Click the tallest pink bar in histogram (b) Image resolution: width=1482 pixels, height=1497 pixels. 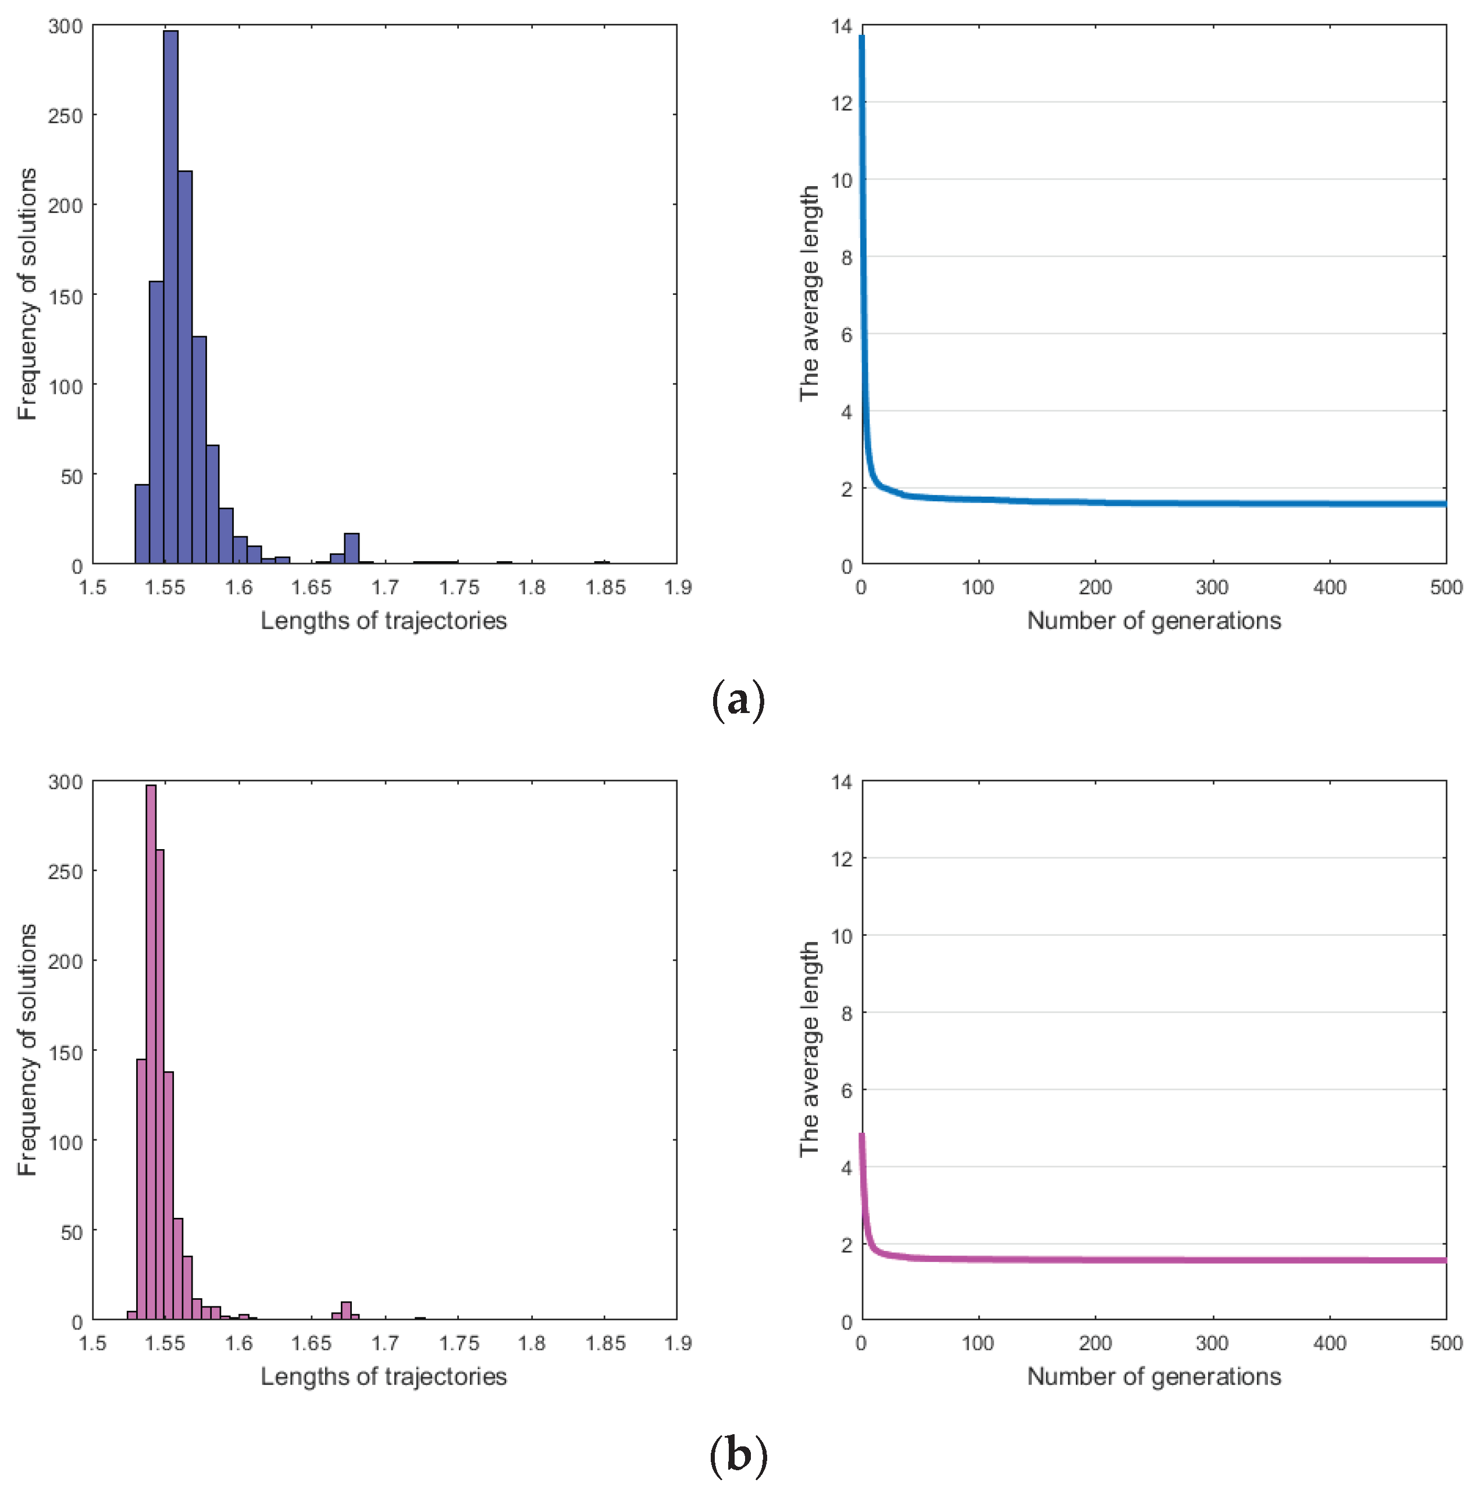(x=151, y=1054)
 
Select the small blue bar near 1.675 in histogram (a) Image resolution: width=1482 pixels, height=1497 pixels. (x=352, y=548)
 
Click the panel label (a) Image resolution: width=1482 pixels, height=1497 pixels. (x=737, y=700)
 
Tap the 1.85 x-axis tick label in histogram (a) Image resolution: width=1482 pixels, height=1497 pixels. (x=604, y=587)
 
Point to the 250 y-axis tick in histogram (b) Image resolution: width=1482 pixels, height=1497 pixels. (x=65, y=872)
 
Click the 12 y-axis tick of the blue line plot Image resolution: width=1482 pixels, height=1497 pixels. (x=841, y=103)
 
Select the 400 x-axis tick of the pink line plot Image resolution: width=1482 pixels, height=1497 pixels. (x=1329, y=1343)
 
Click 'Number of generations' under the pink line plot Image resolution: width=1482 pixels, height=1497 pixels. (x=1153, y=1376)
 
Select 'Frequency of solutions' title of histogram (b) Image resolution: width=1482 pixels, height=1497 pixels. (x=27, y=1049)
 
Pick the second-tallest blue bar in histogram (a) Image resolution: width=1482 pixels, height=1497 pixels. (x=185, y=368)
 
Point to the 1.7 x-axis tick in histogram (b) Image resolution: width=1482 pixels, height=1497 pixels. (x=384, y=1343)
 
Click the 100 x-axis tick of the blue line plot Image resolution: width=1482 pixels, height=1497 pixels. (x=977, y=587)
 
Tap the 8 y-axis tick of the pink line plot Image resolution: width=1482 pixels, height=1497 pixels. (x=846, y=1014)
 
